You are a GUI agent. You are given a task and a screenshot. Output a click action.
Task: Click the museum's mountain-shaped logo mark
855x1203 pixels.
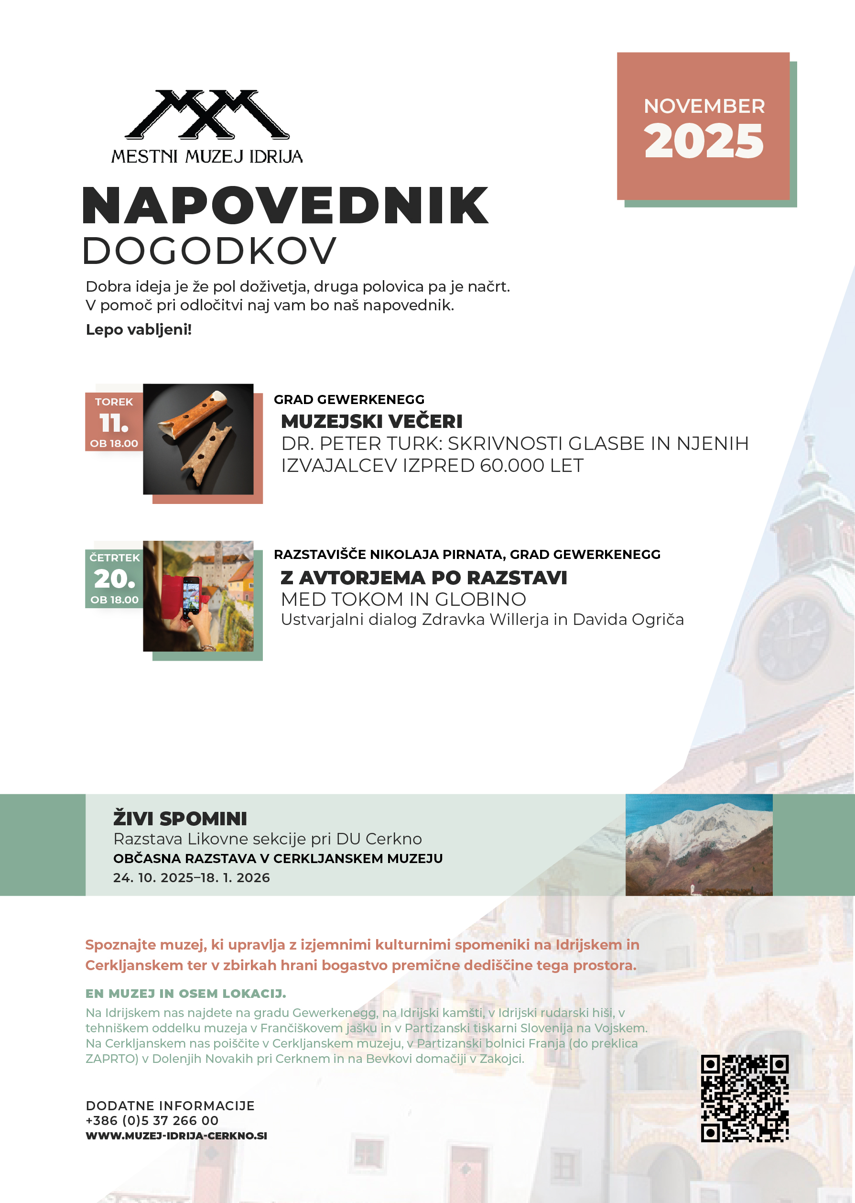(x=207, y=114)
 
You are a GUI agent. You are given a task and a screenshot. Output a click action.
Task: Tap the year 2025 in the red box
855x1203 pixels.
(x=703, y=141)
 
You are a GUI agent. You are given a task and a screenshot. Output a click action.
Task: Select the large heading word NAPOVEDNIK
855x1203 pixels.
(x=285, y=206)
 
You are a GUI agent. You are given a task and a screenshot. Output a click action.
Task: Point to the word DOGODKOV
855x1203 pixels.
(x=209, y=251)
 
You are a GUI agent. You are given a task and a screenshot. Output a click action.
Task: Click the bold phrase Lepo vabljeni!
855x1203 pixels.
(x=139, y=330)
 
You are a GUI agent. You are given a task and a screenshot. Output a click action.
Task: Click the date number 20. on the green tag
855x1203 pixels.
(x=114, y=579)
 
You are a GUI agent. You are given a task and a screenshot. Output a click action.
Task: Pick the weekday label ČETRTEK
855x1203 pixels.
(x=114, y=557)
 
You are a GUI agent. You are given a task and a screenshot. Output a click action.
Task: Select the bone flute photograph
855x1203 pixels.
(x=198, y=439)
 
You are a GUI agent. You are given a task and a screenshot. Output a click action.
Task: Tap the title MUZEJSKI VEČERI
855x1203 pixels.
(x=372, y=421)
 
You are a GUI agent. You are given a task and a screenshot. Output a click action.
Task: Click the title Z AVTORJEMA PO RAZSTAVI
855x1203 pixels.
(x=424, y=578)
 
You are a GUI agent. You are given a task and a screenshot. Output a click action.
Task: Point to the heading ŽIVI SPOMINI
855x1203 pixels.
(x=180, y=819)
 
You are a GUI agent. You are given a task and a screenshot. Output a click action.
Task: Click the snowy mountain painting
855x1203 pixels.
(x=699, y=844)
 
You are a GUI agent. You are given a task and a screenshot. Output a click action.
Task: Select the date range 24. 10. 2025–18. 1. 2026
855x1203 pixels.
(x=192, y=877)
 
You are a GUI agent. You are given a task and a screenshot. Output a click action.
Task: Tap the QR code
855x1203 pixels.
(x=745, y=1098)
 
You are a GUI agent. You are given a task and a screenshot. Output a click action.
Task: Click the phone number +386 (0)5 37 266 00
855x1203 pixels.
(x=152, y=1120)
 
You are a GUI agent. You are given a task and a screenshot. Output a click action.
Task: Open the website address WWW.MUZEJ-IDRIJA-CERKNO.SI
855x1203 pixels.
(x=176, y=1136)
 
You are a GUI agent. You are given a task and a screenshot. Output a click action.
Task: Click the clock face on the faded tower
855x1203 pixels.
(x=793, y=638)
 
